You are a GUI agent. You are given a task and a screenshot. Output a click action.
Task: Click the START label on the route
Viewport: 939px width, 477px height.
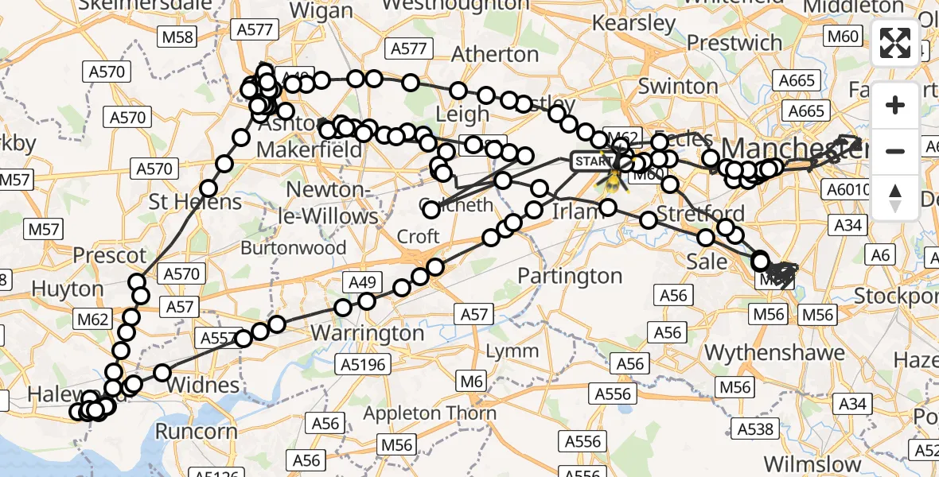point(593,161)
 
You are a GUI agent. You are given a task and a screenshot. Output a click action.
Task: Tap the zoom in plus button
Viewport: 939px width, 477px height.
point(895,105)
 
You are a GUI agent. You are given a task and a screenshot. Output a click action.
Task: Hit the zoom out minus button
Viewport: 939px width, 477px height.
point(895,151)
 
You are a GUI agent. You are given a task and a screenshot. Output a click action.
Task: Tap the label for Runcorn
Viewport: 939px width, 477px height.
point(196,432)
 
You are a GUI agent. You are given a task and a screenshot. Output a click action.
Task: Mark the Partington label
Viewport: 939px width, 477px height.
point(570,276)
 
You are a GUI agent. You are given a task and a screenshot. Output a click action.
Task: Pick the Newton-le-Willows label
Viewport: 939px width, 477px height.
point(332,203)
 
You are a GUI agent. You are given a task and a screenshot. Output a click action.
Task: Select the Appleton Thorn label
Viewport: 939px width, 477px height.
point(431,413)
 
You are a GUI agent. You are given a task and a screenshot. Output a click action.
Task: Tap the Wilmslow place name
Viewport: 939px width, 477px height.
point(812,464)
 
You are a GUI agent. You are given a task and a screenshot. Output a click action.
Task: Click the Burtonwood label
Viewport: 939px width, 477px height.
point(294,248)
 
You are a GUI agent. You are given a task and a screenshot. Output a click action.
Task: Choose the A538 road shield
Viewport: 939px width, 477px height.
point(755,429)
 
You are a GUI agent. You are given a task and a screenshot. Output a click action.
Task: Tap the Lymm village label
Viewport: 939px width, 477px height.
point(512,351)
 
